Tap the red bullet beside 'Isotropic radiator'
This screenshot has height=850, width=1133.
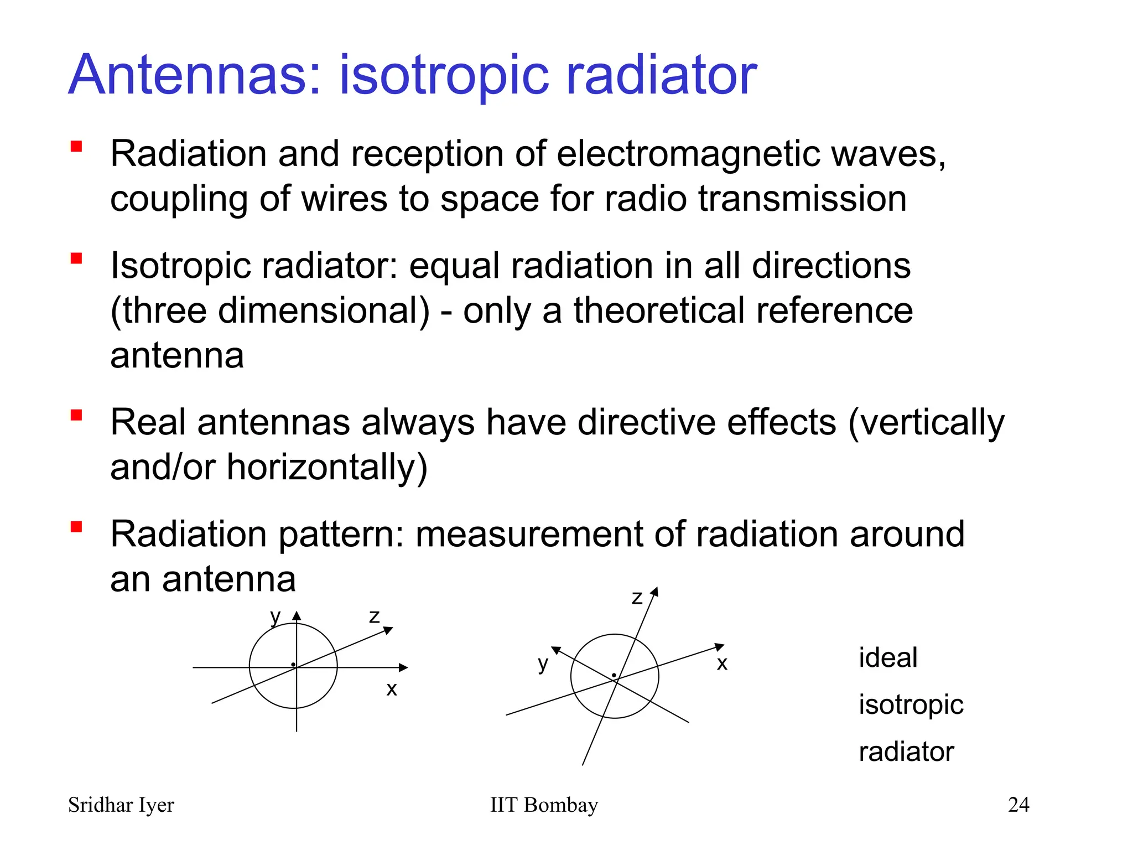tap(76, 258)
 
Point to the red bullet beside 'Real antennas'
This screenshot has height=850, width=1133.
tap(76, 415)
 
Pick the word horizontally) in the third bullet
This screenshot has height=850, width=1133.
tap(327, 468)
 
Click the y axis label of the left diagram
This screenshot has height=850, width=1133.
tap(275, 615)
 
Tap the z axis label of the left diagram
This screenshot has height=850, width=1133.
tap(375, 616)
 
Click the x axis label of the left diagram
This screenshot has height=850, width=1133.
tap(392, 689)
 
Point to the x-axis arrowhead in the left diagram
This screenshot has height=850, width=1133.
tap(404, 667)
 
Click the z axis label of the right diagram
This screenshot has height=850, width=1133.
tap(637, 598)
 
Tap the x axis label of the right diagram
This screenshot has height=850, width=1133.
tap(722, 663)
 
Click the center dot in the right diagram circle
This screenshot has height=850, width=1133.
tap(614, 675)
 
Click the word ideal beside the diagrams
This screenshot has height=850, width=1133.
tap(888, 658)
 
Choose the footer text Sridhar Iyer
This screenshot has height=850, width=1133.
tap(121, 805)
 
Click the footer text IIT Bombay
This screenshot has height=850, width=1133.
tap(544, 805)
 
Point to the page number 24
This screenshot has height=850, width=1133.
tap(1018, 805)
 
